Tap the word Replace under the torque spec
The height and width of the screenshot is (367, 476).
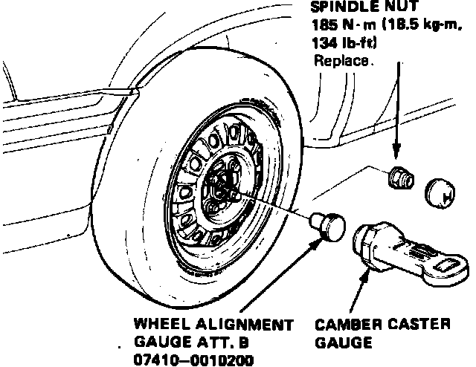pos(341,61)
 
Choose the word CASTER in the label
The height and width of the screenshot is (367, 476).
pos(416,325)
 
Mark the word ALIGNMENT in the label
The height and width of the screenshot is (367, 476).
pos(239,325)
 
